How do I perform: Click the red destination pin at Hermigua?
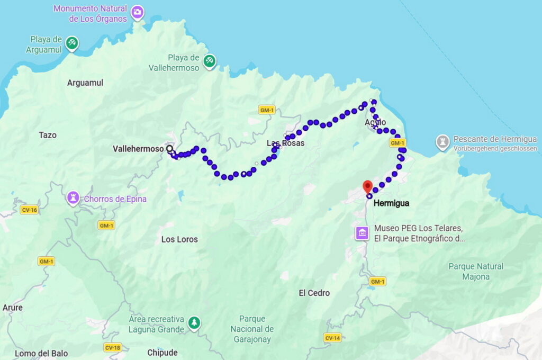[x=367, y=186]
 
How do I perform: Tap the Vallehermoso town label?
[x=138, y=149]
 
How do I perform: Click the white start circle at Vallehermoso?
[x=170, y=149]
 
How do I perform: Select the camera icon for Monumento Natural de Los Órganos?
[x=138, y=12]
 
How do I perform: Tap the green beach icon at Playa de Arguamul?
[x=72, y=43]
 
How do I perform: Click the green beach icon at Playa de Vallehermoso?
[x=210, y=61]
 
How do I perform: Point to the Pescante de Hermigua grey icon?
[x=442, y=142]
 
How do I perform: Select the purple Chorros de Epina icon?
[x=73, y=199]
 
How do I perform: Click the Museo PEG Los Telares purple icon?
[x=363, y=232]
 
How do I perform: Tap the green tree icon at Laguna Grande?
[x=195, y=322]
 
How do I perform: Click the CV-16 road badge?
[x=29, y=210]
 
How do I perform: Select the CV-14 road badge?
[x=332, y=338]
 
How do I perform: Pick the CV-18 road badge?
[x=112, y=348]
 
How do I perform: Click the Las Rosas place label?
[x=285, y=143]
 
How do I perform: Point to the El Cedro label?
[x=314, y=293]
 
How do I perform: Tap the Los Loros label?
[x=179, y=239]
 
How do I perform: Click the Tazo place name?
[x=47, y=135]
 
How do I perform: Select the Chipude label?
[x=162, y=353]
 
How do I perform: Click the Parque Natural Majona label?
[x=475, y=271]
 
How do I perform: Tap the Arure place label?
[x=12, y=308]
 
